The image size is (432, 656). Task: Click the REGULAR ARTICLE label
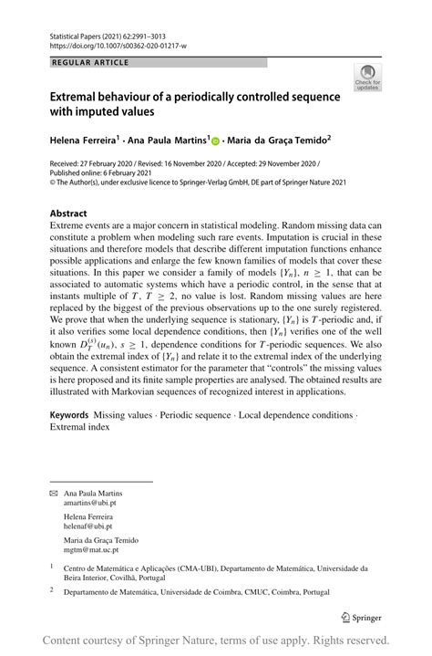[90, 63]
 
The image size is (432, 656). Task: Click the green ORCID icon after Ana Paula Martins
[217, 141]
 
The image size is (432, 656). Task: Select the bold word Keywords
[68, 414]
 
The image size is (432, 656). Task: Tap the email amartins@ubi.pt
[90, 504]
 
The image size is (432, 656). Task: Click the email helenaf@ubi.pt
[87, 526]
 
